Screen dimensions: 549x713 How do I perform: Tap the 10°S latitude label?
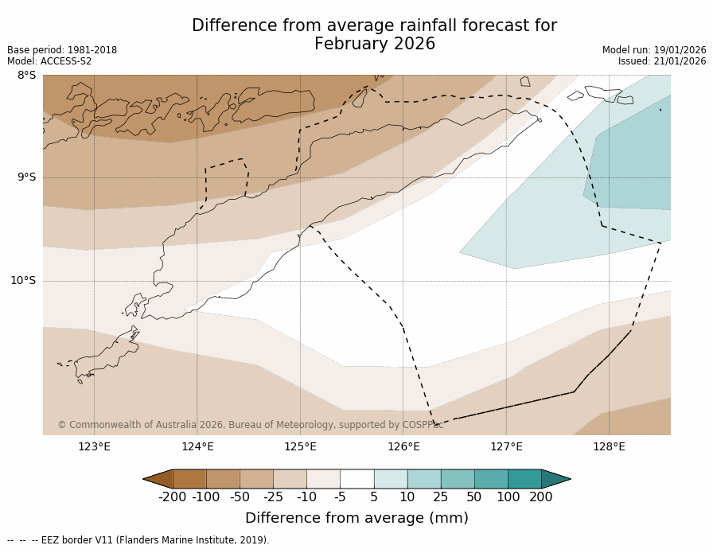point(22,280)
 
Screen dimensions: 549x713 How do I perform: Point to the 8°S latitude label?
point(26,76)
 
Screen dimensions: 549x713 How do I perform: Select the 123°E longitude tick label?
point(94,446)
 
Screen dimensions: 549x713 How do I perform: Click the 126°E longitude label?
point(403,446)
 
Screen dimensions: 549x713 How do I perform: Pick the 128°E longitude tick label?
point(609,446)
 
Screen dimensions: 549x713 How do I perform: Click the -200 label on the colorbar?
point(173,497)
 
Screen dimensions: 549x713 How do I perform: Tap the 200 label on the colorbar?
point(541,497)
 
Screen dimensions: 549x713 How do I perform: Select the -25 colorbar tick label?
point(273,497)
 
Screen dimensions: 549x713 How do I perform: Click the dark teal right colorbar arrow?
point(555,479)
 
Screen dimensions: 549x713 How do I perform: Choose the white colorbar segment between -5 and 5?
point(356,479)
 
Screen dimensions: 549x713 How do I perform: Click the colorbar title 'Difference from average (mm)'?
point(356,518)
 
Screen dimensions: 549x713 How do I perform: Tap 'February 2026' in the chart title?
point(375,45)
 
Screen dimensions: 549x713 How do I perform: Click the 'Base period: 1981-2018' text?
point(62,50)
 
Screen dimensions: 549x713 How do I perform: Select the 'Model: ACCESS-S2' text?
point(49,61)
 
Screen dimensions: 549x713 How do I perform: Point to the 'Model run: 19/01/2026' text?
point(654,50)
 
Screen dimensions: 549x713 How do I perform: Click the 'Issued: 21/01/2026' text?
point(662,61)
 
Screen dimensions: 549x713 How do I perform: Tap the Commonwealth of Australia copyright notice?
point(251,425)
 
